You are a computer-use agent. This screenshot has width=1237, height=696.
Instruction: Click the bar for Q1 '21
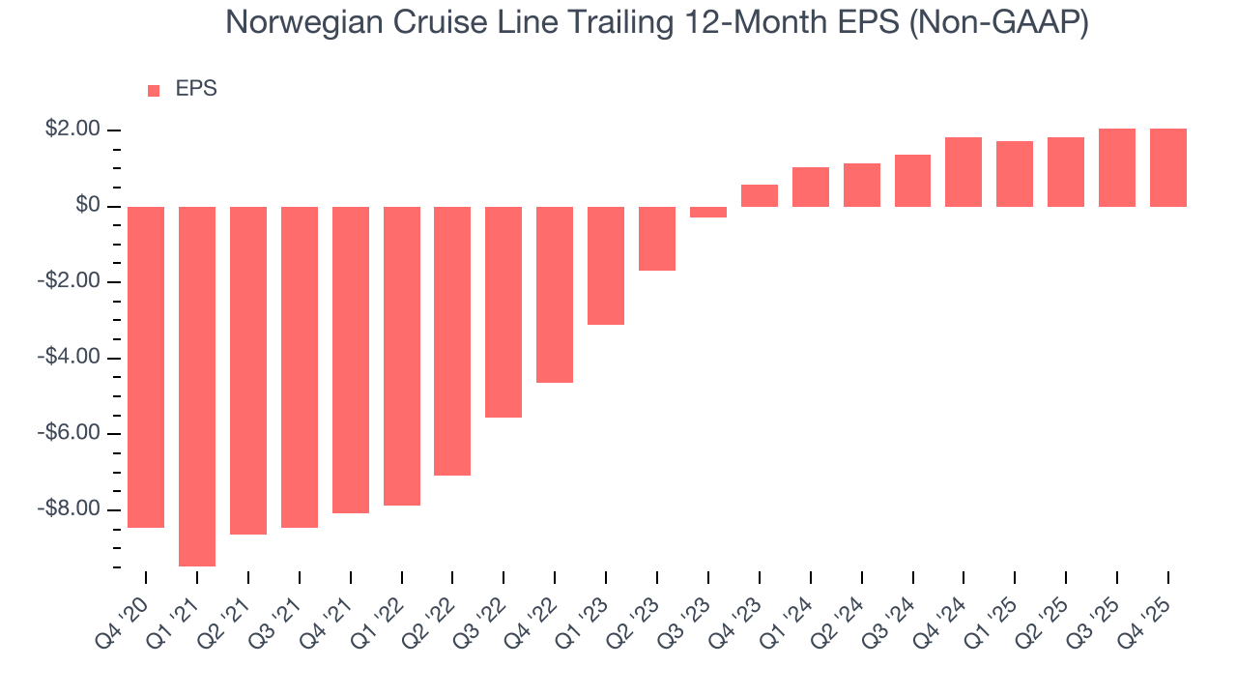pyautogui.click(x=197, y=386)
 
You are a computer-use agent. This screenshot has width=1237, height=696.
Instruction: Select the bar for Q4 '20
pyautogui.click(x=146, y=366)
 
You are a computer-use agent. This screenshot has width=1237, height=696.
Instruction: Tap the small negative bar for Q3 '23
pyautogui.click(x=708, y=212)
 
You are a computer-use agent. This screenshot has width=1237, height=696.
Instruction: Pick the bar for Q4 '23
pyautogui.click(x=760, y=195)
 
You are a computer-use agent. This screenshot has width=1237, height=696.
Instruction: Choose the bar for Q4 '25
pyautogui.click(x=1168, y=167)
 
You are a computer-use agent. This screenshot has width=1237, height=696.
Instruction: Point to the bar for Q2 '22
pyautogui.click(x=452, y=340)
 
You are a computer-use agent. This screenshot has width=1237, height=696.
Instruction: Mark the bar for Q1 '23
pyautogui.click(x=606, y=265)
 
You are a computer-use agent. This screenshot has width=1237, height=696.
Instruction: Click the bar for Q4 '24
pyautogui.click(x=964, y=172)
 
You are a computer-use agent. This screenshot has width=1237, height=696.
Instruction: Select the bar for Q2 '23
pyautogui.click(x=657, y=238)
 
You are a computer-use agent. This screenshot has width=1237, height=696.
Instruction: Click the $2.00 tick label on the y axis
pyautogui.click(x=72, y=130)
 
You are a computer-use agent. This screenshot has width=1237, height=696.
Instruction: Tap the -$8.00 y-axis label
pyautogui.click(x=70, y=509)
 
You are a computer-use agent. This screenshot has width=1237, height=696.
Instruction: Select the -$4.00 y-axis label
pyautogui.click(x=70, y=358)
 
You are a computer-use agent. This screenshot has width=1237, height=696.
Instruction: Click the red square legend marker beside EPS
pyautogui.click(x=154, y=91)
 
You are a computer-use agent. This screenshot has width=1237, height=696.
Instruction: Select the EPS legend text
pyautogui.click(x=196, y=89)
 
